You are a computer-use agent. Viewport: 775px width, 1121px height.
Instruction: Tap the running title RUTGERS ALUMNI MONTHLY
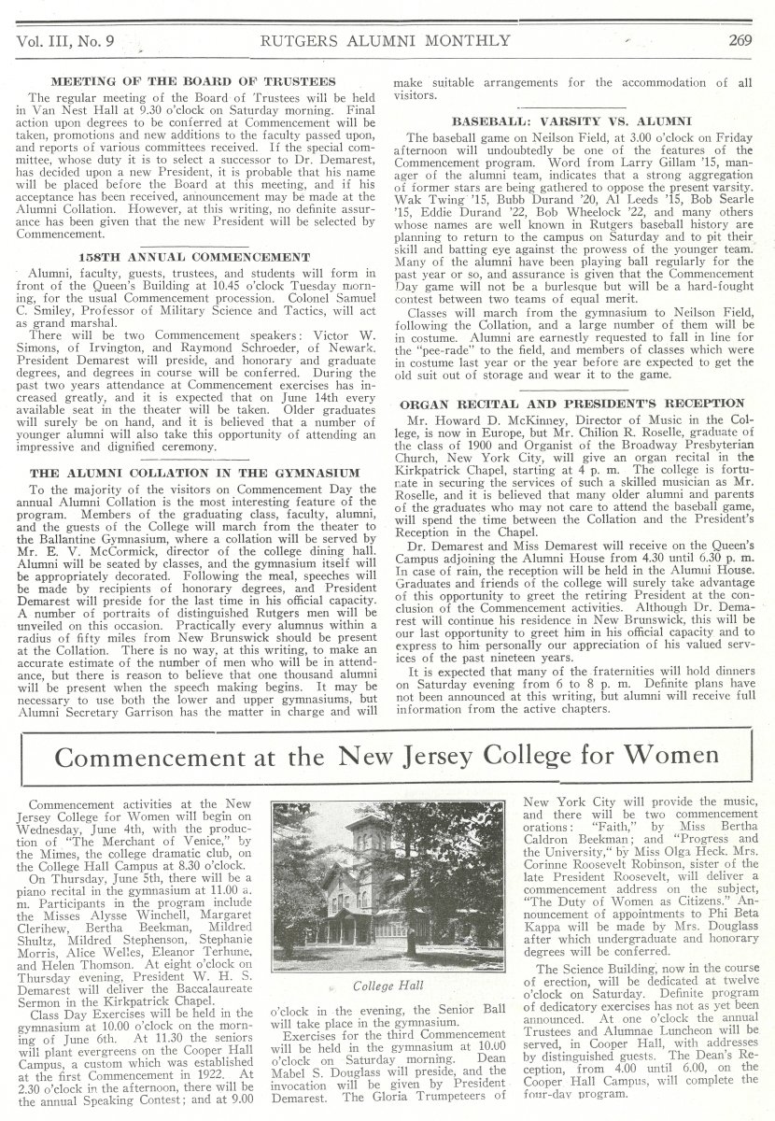point(386,39)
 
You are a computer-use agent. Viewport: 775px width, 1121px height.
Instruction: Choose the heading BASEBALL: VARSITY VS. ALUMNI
point(571,121)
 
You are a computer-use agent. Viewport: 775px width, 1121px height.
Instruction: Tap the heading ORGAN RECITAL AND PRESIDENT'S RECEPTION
point(571,404)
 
